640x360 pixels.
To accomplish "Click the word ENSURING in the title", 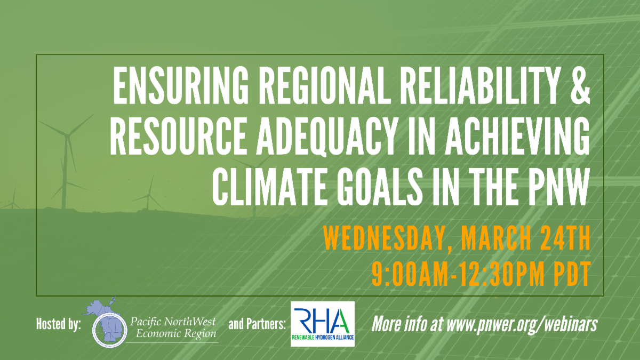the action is (181, 86).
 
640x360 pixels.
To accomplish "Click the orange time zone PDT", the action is (572, 274).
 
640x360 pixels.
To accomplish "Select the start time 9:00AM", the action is (411, 274).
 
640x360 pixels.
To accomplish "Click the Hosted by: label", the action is (59, 325).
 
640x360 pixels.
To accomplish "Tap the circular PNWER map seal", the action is (110, 330).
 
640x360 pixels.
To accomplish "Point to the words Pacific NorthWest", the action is (173, 322).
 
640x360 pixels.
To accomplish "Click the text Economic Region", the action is (176, 334).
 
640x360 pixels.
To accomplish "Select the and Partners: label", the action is (257, 325).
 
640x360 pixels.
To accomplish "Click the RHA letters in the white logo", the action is (322, 321).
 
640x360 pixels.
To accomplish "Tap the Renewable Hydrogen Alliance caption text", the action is (323, 338).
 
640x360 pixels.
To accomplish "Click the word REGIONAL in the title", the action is (325, 86).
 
